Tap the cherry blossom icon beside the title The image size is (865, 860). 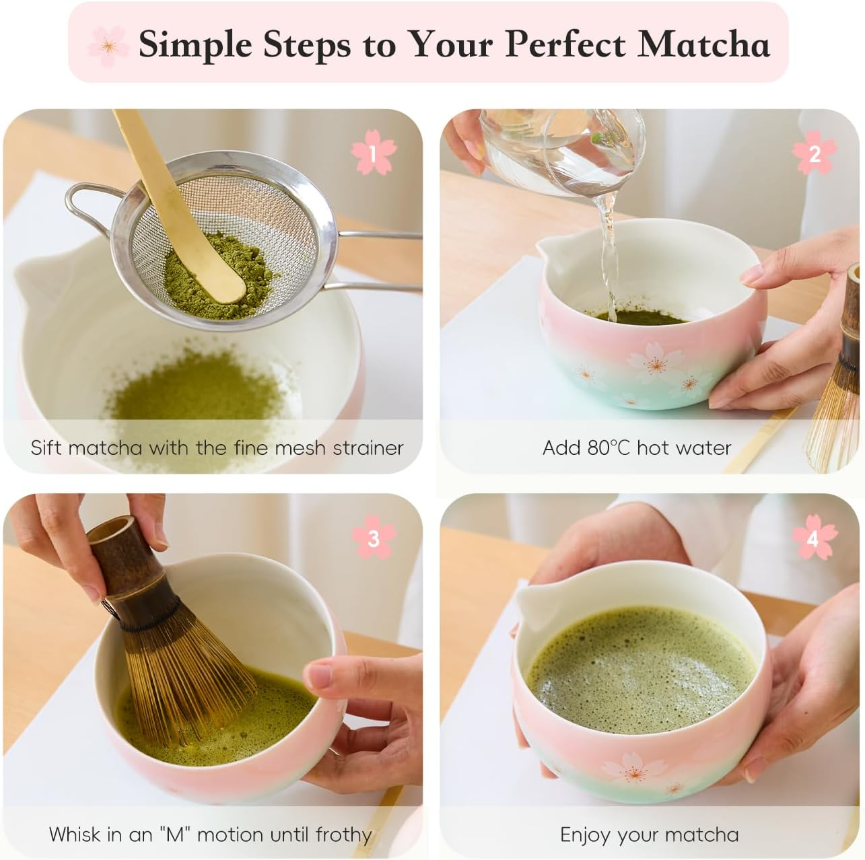[108, 44]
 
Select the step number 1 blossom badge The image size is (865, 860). [373, 154]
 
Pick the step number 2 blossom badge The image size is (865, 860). [814, 154]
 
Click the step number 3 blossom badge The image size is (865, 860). [373, 538]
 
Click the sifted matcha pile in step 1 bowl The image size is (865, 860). [195, 394]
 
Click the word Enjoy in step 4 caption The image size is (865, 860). [586, 835]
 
